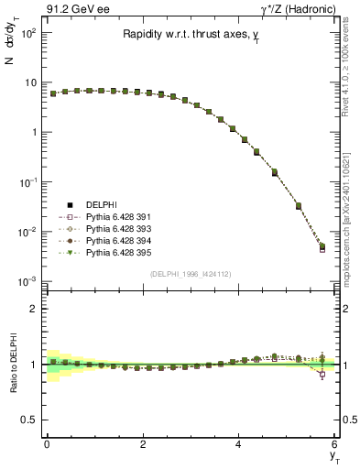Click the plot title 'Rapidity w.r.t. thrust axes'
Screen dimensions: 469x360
pos(191,36)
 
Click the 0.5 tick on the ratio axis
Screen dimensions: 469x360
pos(30,419)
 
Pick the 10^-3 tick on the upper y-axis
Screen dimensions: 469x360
pos(26,281)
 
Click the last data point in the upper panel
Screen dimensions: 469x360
pos(322,245)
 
